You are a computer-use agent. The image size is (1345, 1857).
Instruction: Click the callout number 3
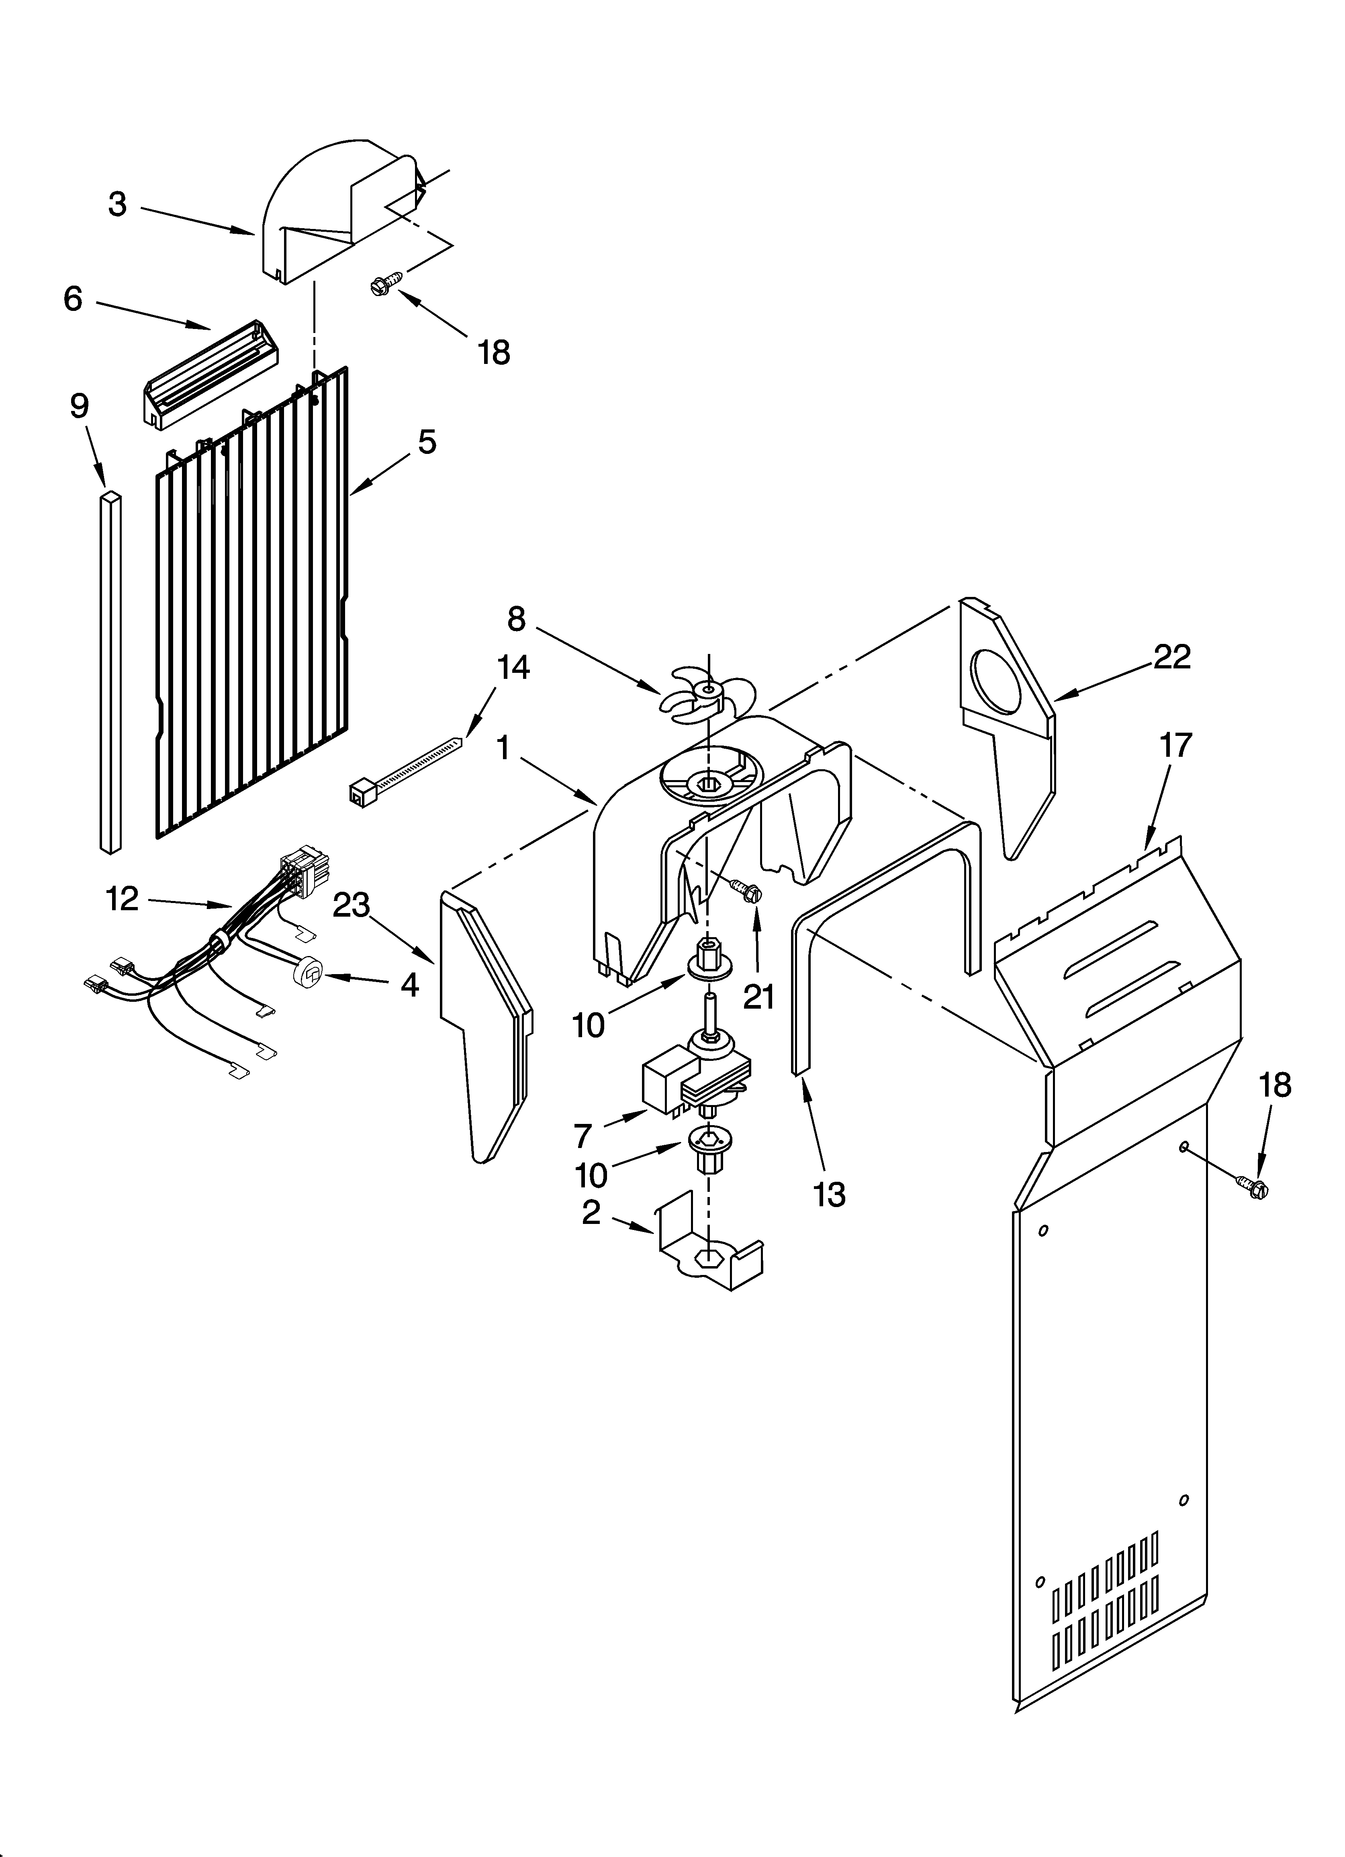pyautogui.click(x=118, y=204)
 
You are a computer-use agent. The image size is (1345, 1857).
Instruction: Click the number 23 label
pyautogui.click(x=352, y=905)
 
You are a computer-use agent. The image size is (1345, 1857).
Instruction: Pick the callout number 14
pyautogui.click(x=513, y=668)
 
